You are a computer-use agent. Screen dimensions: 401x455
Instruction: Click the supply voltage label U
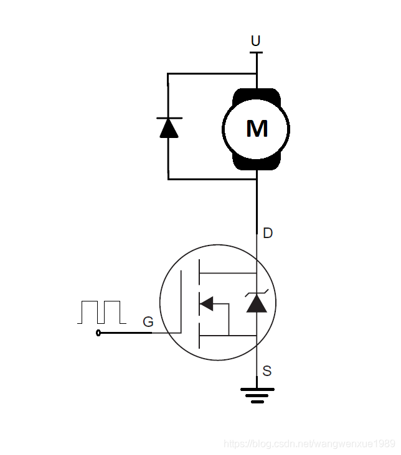point(255,41)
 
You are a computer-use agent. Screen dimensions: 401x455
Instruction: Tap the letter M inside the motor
point(257,129)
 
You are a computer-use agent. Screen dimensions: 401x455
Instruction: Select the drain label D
point(268,233)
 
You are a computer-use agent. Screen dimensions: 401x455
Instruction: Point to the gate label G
point(148,322)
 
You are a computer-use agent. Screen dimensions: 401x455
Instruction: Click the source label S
point(267,371)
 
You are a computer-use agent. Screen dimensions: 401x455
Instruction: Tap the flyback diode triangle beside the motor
point(169,129)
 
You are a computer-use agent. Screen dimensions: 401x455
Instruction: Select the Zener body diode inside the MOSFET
point(257,302)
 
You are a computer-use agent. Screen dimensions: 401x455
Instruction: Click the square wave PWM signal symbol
point(101,312)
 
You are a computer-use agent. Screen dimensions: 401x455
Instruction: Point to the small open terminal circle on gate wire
point(98,333)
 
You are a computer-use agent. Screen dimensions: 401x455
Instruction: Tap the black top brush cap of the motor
point(257,96)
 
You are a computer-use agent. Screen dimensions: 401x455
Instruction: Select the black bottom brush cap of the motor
point(257,163)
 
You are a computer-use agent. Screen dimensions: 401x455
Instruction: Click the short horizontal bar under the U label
point(256,52)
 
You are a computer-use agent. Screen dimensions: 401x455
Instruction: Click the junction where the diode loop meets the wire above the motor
point(257,74)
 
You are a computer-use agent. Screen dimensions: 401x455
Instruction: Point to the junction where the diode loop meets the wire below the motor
point(257,180)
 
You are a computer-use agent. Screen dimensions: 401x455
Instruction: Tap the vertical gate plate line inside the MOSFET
point(181,302)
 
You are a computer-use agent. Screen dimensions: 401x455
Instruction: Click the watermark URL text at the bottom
point(309,444)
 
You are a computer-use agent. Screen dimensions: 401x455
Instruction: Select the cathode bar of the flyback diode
point(169,118)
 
